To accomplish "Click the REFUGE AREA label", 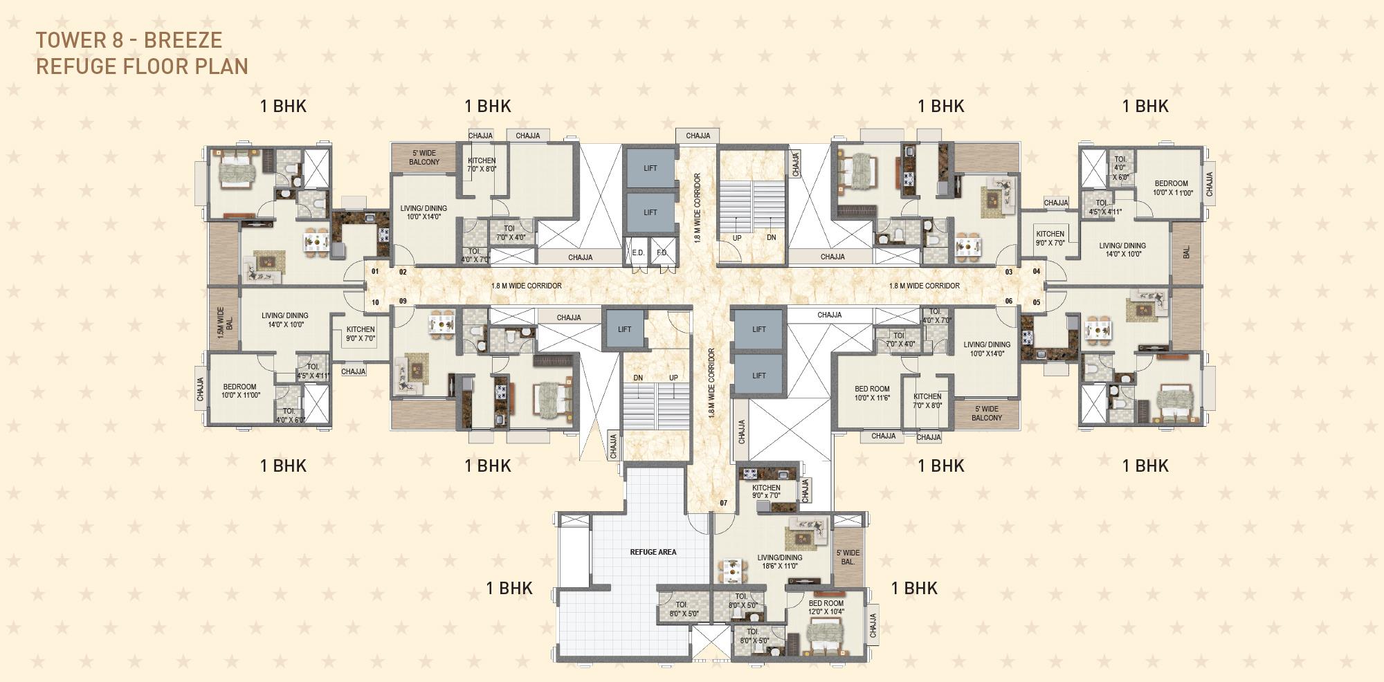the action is (x=653, y=552).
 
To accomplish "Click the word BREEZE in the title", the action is (x=183, y=40).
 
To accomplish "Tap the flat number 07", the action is (x=724, y=503).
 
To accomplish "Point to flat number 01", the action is (x=375, y=271).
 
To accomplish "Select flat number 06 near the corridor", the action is (x=1009, y=301).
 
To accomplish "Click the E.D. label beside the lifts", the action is (x=638, y=252).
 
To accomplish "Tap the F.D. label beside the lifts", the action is (x=662, y=252).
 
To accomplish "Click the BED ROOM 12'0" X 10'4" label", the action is (x=826, y=607).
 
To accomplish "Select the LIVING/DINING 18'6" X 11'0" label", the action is (x=780, y=562).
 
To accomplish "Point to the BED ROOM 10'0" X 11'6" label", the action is (x=872, y=394).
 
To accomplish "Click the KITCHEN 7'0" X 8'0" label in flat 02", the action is (x=482, y=164).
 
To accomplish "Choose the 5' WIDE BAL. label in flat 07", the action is (x=848, y=557).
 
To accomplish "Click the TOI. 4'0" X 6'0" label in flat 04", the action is (x=1120, y=168).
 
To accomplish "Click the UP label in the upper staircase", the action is (x=737, y=238).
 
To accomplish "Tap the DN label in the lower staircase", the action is (x=638, y=378).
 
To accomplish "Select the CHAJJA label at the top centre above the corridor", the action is (x=698, y=136).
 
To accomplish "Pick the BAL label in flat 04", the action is (x=1187, y=254).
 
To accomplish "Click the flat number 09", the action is (x=403, y=301).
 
